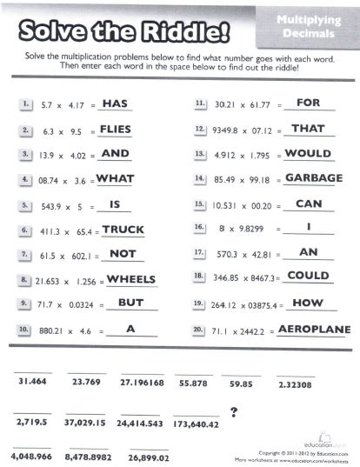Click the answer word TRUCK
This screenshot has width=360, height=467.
[123, 230]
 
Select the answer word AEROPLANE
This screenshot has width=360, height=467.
[314, 330]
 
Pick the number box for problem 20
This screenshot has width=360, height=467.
[199, 330]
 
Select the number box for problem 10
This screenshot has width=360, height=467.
[23, 331]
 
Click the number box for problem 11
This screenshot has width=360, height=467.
[199, 103]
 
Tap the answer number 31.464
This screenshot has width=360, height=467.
[32, 382]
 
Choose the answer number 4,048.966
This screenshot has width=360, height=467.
[32, 457]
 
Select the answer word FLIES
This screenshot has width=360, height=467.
[116, 128]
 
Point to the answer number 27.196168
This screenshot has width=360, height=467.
[142, 383]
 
